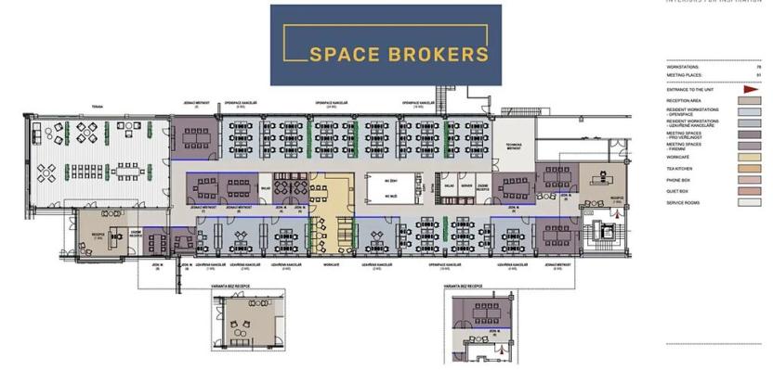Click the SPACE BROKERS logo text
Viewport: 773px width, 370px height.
399,54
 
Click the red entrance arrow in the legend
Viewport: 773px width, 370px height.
752,89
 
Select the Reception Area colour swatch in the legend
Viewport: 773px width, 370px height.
750,100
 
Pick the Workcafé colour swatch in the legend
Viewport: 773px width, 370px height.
750,157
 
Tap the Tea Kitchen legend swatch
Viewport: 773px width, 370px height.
750,168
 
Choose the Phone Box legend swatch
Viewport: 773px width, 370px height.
750,179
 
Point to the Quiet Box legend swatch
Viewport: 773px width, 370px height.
750,190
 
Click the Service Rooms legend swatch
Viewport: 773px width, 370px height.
750,201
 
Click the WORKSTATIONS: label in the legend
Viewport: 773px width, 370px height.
683,68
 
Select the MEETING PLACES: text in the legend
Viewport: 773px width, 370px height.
684,75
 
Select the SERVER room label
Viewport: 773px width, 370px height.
465,185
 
